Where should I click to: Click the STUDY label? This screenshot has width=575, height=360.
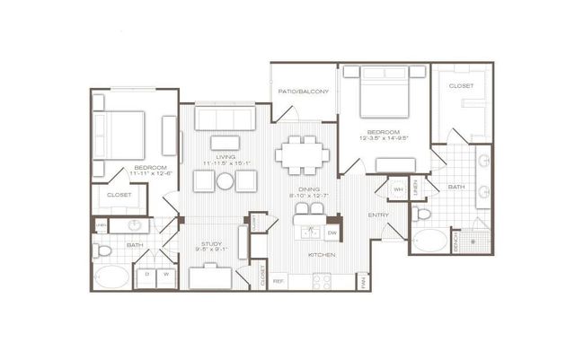point(212,243)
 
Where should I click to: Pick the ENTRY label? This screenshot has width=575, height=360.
point(378,216)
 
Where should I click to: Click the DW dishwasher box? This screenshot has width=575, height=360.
point(332,233)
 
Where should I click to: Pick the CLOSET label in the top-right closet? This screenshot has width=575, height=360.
point(461,85)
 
